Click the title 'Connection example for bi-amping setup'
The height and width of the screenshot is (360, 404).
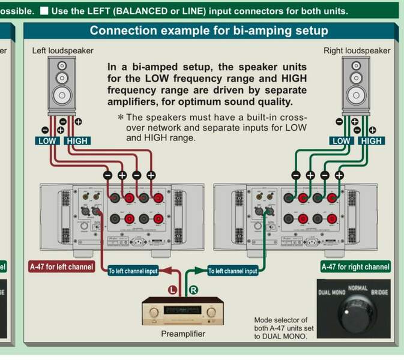[208, 31]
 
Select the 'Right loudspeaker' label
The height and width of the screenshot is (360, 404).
[357, 51]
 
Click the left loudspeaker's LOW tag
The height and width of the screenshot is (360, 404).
[46, 141]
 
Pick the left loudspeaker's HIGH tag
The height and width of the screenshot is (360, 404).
[77, 141]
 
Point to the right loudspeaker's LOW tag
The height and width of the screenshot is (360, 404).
[340, 141]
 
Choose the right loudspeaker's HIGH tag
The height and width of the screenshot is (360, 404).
[371, 141]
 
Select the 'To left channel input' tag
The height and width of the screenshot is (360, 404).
[133, 271]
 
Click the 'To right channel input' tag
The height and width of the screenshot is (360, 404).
[232, 271]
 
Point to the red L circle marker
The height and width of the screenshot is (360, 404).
[173, 290]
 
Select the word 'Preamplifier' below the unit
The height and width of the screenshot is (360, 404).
[183, 334]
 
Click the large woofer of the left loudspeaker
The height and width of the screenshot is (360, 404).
[62, 95]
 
